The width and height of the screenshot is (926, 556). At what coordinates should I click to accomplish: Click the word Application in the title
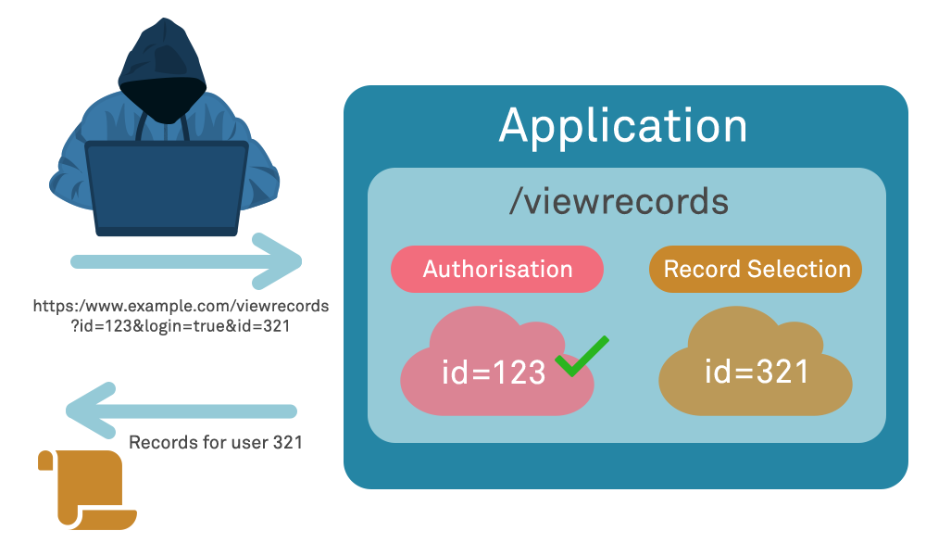click(x=623, y=126)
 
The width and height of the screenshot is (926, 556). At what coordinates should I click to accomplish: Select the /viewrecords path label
click(x=619, y=201)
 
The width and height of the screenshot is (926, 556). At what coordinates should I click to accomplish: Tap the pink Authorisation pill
click(x=497, y=270)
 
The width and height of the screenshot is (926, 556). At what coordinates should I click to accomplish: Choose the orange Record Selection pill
click(x=757, y=270)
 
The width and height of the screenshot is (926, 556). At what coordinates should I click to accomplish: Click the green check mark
click(x=582, y=356)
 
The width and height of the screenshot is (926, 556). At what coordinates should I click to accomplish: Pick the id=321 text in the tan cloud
click(x=757, y=372)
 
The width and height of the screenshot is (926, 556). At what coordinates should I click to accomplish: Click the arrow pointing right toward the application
click(x=185, y=260)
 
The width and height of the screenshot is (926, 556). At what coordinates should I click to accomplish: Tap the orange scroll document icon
click(x=85, y=490)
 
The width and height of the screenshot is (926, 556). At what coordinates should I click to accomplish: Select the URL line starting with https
click(x=181, y=306)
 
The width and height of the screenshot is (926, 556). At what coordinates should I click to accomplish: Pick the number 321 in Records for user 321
click(x=287, y=443)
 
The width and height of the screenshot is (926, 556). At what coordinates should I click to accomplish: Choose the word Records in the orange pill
click(x=703, y=270)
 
